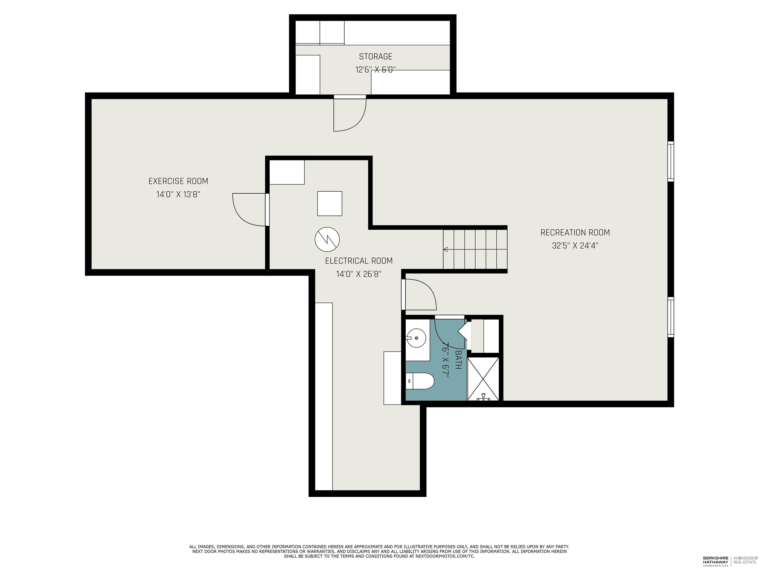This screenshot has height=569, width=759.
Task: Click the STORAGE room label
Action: point(375,57)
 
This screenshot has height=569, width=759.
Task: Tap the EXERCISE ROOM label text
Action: point(178,181)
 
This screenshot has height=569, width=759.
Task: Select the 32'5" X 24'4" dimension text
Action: point(575,245)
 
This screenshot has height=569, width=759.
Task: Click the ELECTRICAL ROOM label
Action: point(358,261)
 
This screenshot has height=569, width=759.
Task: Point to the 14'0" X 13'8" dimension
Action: point(178,194)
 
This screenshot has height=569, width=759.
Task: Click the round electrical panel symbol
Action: point(327,239)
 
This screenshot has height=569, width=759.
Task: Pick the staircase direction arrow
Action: point(446,249)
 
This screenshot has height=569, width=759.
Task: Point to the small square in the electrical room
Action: point(329,203)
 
